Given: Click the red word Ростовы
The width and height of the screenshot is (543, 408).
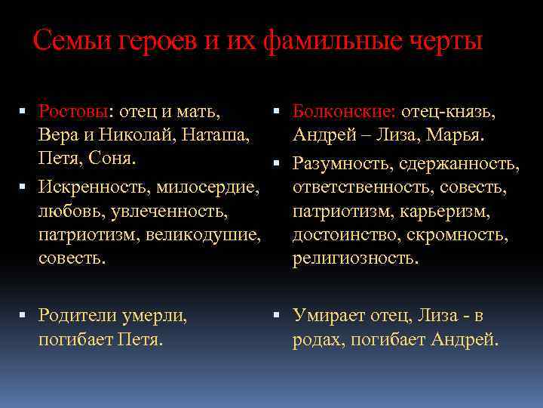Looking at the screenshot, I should pos(74,113).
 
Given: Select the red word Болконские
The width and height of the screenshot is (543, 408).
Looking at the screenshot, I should pos(343,113).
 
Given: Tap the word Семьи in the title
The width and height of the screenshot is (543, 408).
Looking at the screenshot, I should pos(70,41).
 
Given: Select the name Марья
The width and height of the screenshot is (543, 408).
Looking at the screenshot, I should pos(455,137).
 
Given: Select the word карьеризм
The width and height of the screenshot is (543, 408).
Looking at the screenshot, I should pos(444,210).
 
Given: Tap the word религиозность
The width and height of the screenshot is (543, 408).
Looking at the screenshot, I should pos(354,258).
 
